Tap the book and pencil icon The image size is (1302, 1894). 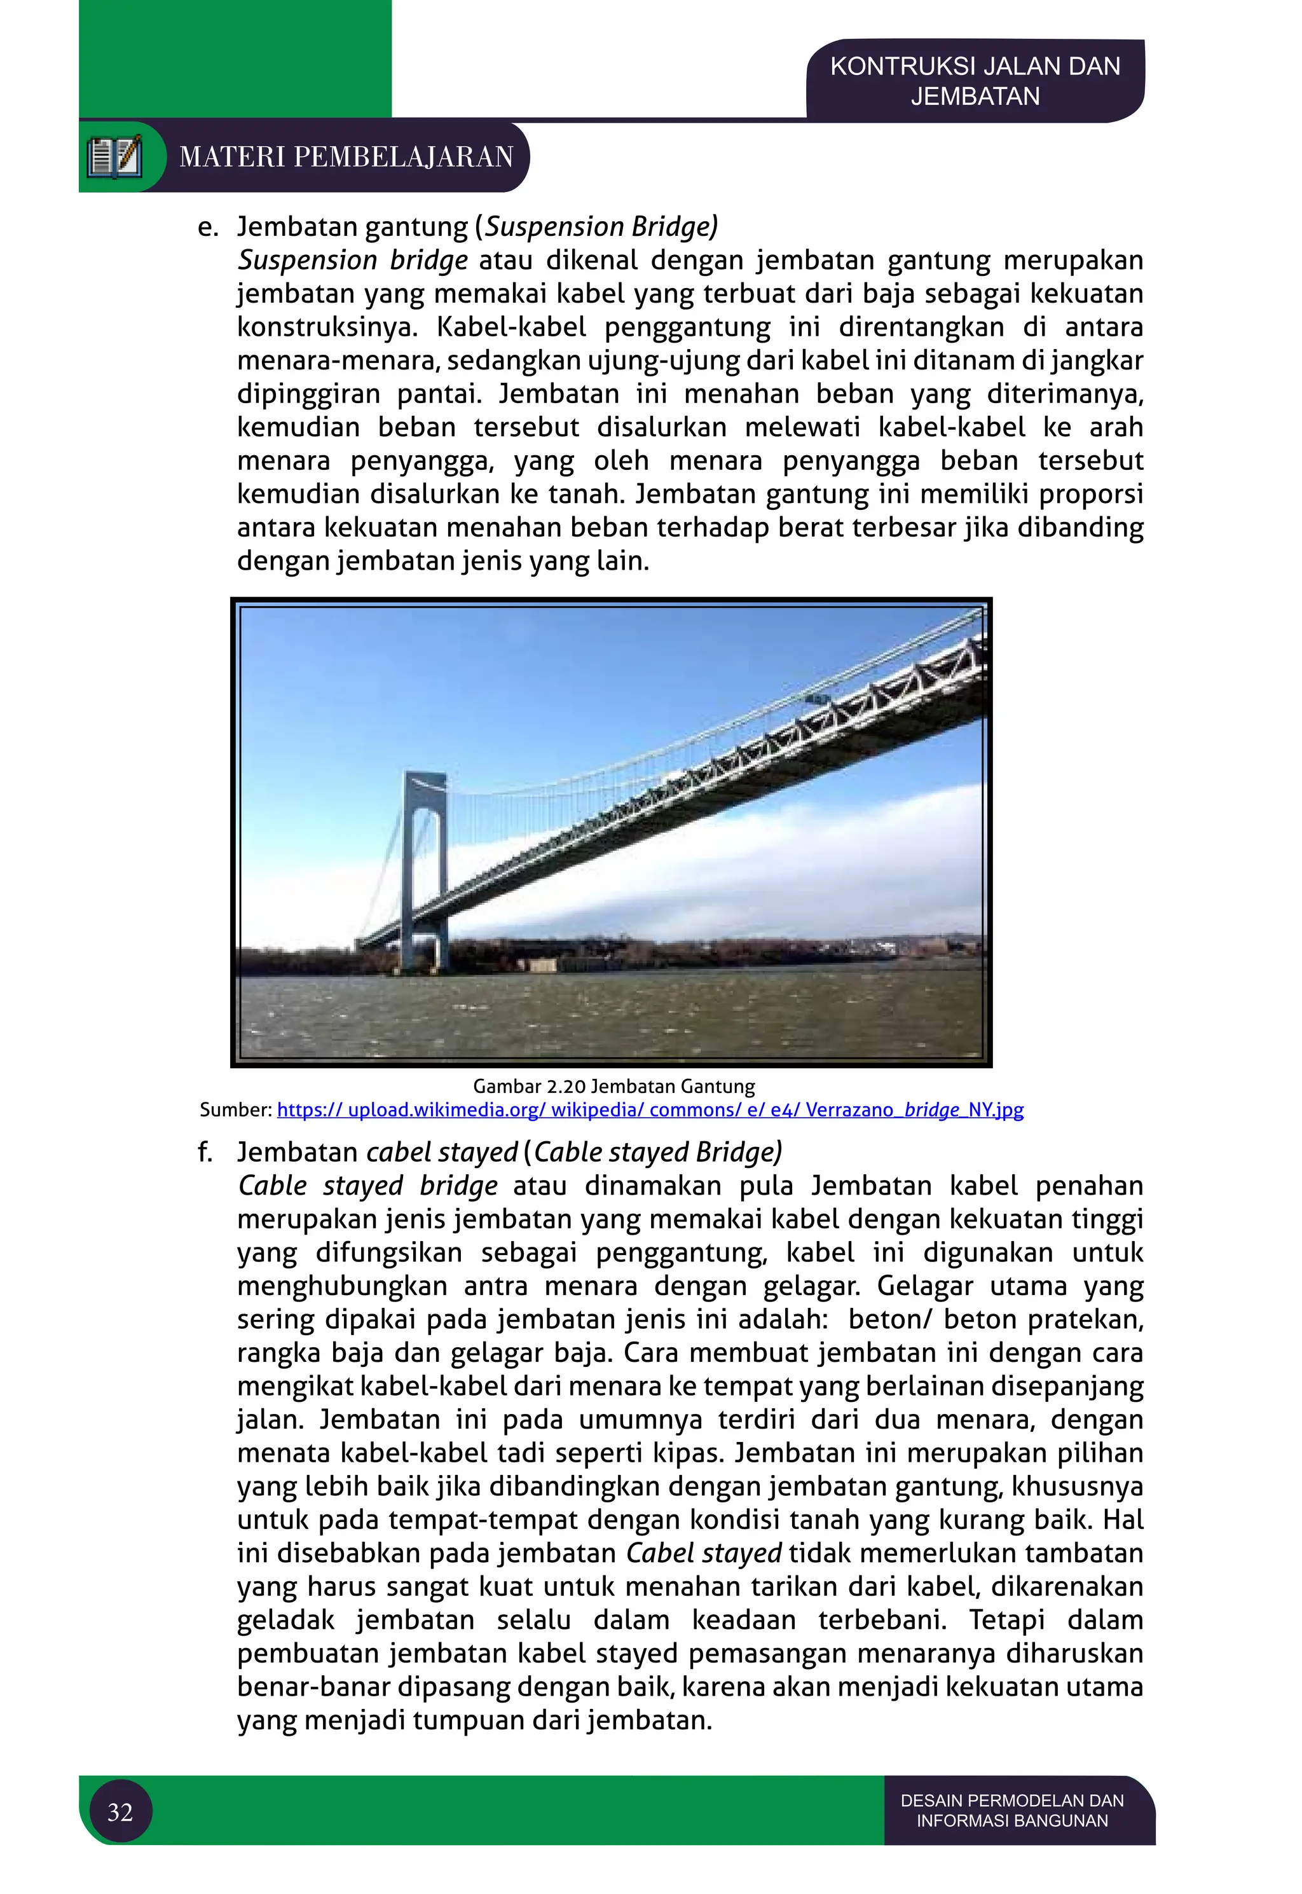point(115,156)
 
